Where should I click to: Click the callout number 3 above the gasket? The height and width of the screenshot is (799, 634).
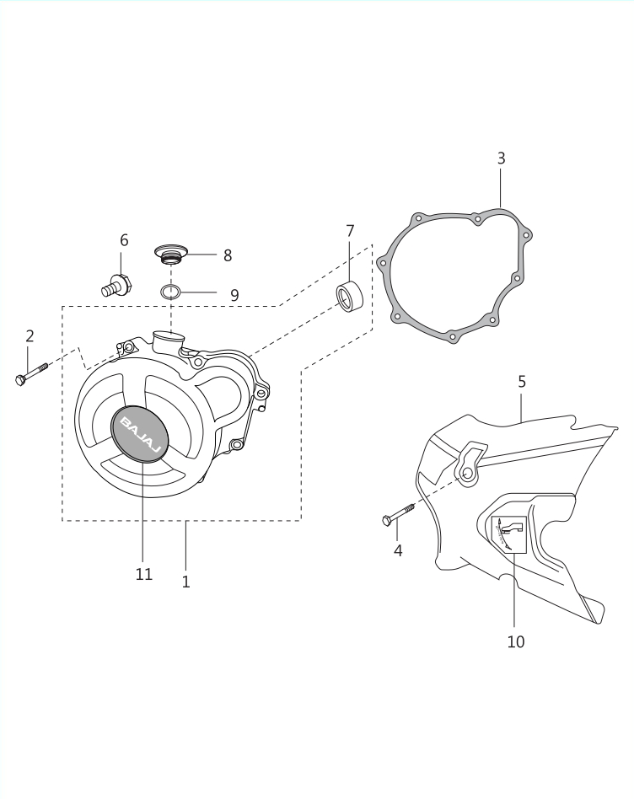(x=501, y=158)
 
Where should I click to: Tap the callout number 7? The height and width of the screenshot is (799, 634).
(x=350, y=231)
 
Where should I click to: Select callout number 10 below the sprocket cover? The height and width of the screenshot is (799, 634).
(x=516, y=641)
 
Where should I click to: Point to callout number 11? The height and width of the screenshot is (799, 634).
(x=144, y=574)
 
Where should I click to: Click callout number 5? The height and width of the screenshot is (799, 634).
(x=522, y=382)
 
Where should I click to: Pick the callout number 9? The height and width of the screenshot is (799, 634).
(x=234, y=295)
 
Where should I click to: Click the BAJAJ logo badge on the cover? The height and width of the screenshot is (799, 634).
(x=139, y=434)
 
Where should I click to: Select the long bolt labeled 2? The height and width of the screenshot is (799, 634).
(x=31, y=373)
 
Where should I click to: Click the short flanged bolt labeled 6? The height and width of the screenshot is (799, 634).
(x=117, y=285)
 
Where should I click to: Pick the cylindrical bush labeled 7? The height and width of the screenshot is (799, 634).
(x=349, y=296)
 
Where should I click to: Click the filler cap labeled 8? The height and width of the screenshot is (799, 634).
(x=171, y=255)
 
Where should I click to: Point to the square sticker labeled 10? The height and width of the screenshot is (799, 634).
(x=508, y=534)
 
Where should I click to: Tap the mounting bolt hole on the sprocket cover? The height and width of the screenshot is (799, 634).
(x=467, y=474)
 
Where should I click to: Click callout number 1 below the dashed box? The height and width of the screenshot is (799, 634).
(x=186, y=582)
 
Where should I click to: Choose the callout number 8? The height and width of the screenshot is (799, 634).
(x=228, y=255)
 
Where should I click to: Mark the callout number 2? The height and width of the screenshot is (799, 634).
(x=30, y=335)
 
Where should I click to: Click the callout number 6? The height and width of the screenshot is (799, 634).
(x=124, y=240)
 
